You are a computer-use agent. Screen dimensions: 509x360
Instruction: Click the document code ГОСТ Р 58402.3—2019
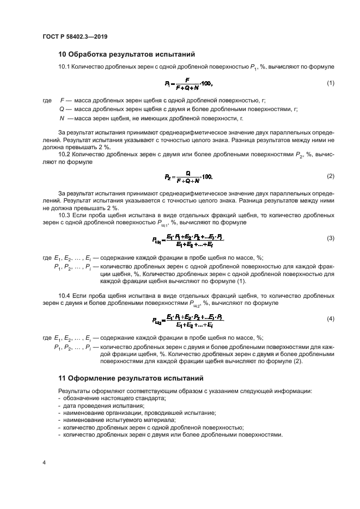(74, 36)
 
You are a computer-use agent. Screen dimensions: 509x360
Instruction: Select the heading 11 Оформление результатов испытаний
(127, 377)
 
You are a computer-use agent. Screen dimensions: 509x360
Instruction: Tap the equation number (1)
(330, 83)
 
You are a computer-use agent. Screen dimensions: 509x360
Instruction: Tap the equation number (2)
(330, 176)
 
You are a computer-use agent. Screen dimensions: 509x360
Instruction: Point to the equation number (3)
(330, 238)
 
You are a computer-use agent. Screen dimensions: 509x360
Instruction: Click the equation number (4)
(330, 318)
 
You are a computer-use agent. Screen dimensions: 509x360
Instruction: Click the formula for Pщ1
(188, 238)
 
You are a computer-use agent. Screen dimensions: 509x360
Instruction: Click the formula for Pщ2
(188, 318)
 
